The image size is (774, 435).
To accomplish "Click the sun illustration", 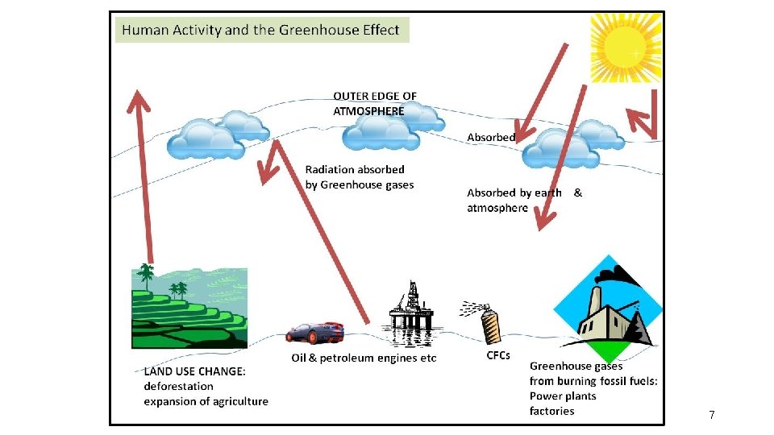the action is [626, 48].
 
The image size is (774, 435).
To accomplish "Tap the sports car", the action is [314, 333].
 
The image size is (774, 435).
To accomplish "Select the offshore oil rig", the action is [410, 311].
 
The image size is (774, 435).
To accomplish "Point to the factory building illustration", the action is [608, 309].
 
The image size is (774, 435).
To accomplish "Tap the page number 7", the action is [711, 415].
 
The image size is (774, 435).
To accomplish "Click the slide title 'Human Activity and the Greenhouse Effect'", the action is [260, 30].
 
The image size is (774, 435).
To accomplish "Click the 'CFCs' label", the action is [498, 355].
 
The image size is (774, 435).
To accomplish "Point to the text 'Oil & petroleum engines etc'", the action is [364, 358].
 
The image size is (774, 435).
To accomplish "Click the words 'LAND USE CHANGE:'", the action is [194, 371].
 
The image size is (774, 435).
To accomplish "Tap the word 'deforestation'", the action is [179, 386].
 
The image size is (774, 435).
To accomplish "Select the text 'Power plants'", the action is [563, 396].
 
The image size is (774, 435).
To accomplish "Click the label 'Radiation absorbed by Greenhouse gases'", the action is [360, 177].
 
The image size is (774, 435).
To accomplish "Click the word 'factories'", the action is [551, 411].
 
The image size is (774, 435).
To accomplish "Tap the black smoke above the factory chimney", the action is [618, 275].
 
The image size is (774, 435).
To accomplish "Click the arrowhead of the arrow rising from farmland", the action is [138, 101].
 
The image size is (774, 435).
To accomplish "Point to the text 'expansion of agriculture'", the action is [206, 401].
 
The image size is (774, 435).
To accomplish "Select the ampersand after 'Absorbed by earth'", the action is [577, 193].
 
